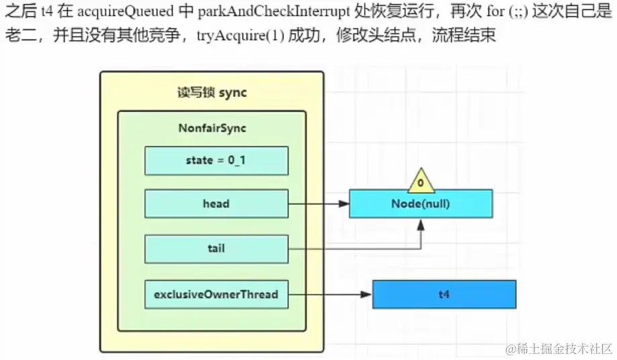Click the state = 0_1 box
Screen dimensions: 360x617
point(216,161)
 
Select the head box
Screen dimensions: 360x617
point(216,204)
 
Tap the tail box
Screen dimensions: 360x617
point(216,249)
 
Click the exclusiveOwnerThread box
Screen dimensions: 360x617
point(216,294)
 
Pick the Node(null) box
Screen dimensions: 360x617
point(421,204)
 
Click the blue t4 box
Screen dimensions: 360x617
point(444,294)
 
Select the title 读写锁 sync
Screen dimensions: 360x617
point(212,93)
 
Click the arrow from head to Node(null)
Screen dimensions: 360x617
point(319,204)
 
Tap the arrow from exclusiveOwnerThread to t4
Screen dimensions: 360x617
point(329,294)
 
